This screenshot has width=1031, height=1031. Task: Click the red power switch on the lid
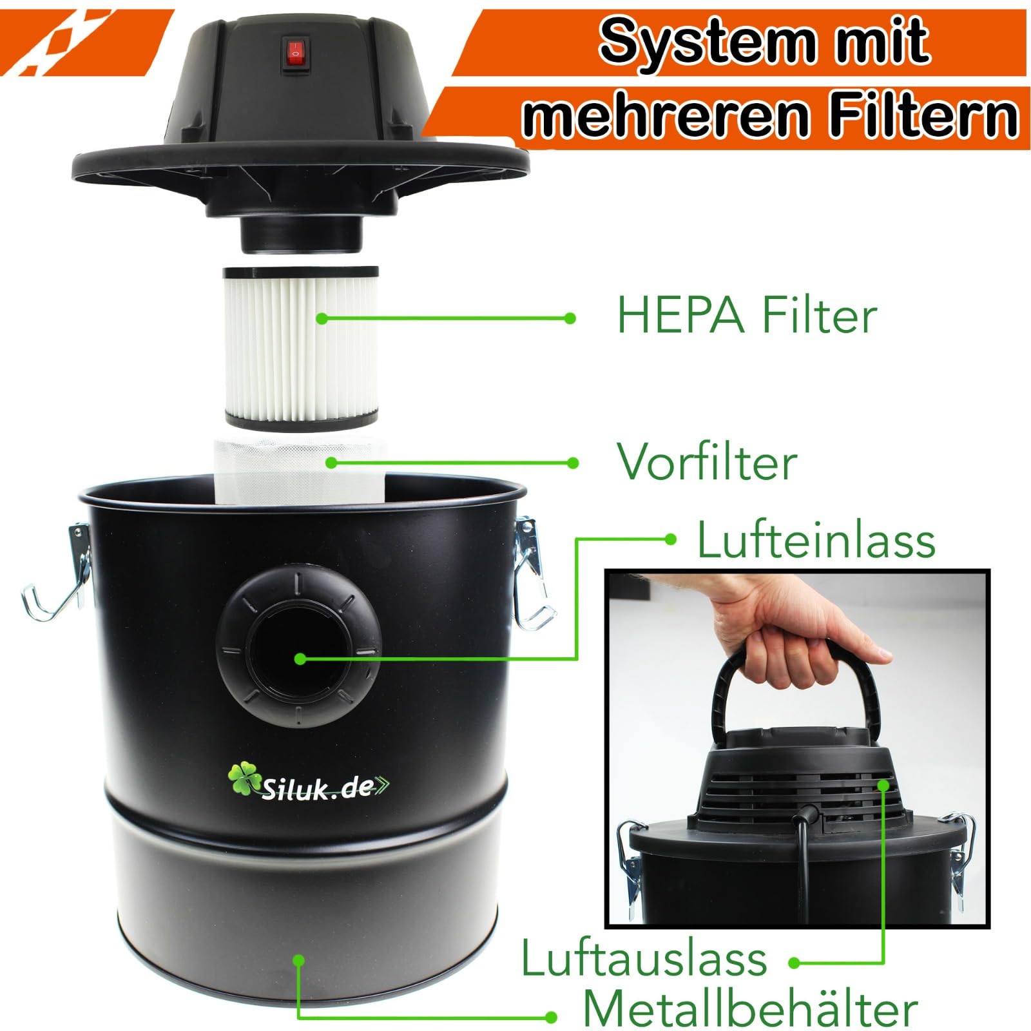point(293,53)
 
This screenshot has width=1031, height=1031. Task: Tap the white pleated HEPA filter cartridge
point(301,348)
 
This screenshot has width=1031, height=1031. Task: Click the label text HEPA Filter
point(747,316)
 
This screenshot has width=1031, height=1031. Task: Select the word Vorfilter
point(707,461)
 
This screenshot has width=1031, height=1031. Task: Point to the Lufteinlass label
point(816,540)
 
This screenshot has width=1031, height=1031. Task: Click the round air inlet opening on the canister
point(300,657)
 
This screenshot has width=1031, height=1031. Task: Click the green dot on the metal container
point(298,961)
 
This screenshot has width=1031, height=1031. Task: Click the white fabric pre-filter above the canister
point(300,470)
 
